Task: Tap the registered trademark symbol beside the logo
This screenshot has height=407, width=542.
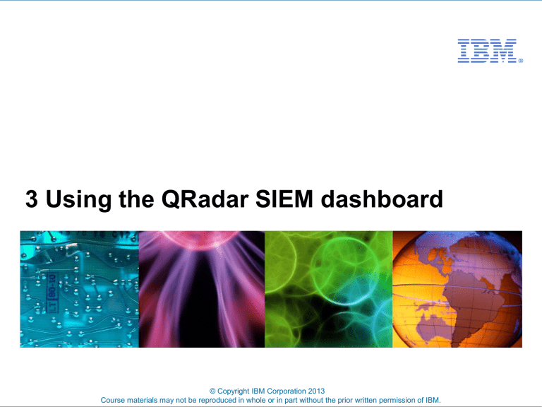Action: tap(520, 61)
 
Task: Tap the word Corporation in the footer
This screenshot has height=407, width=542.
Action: tap(289, 389)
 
